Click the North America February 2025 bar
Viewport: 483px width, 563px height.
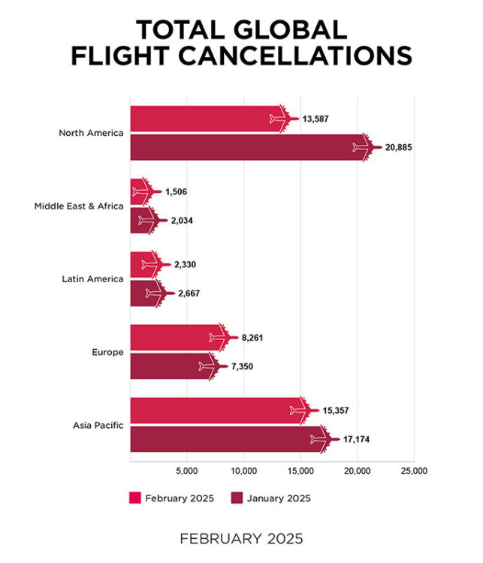203,119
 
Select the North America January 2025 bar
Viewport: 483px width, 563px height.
248,146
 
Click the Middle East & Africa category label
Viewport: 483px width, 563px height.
79,206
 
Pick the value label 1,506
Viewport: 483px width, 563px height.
176,192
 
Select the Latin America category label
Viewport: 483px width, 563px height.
92,278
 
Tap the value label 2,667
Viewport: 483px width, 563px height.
189,293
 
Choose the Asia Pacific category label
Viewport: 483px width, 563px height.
98,425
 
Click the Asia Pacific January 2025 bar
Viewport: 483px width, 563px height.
225,438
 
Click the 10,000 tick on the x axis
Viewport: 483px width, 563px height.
244,471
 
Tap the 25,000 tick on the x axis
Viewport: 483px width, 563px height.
414,471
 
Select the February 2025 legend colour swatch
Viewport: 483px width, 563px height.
136,497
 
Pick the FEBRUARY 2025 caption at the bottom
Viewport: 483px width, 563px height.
241,538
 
